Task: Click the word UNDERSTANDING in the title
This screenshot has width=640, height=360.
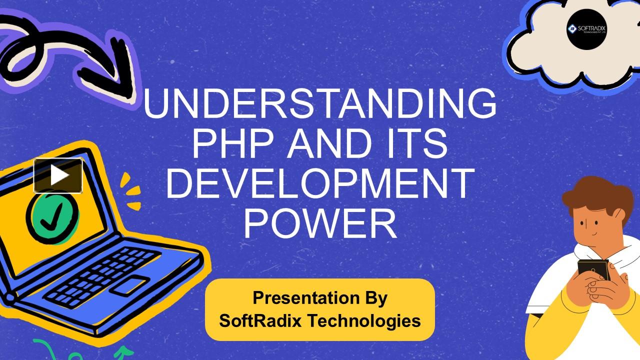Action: pyautogui.click(x=320, y=104)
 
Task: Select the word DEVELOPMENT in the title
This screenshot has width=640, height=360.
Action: pyautogui.click(x=320, y=182)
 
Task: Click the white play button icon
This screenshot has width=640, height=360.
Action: pyautogui.click(x=58, y=175)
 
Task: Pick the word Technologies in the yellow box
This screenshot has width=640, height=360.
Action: pyautogui.click(x=364, y=320)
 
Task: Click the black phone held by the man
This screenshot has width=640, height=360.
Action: pyautogui.click(x=593, y=270)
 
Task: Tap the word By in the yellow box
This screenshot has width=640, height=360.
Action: pyautogui.click(x=373, y=298)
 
